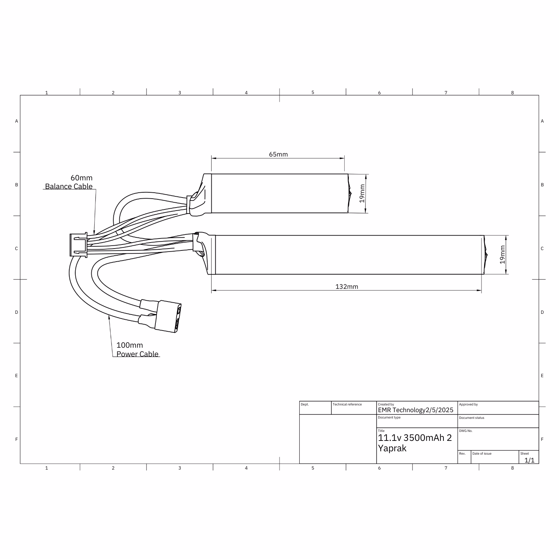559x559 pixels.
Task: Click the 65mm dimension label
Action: coord(278,154)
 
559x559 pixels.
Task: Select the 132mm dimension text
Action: coord(347,287)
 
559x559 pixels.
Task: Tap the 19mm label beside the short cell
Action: coord(362,194)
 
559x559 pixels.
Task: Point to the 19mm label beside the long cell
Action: coord(502,255)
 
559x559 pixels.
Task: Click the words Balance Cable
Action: coord(69,186)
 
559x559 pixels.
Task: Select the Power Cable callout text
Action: coord(138,354)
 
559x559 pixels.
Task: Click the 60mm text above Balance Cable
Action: coord(82,178)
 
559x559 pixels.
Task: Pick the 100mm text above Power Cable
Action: coord(130,345)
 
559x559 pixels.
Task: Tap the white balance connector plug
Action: coord(78,244)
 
